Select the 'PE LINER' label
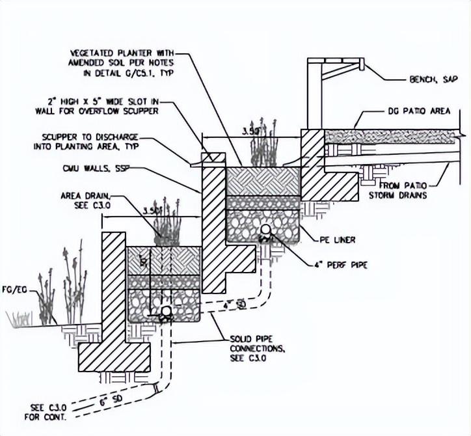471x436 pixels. point(338,240)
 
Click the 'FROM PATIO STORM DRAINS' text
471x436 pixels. point(405,190)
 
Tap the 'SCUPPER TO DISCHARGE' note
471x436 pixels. point(94,143)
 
